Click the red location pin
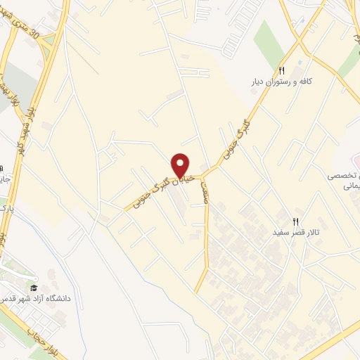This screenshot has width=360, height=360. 181,165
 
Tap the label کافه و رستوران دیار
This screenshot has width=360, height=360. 281,82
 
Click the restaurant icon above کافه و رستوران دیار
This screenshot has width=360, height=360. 281,70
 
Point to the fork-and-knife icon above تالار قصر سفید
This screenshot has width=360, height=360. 296,220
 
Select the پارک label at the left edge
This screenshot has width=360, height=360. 6,209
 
